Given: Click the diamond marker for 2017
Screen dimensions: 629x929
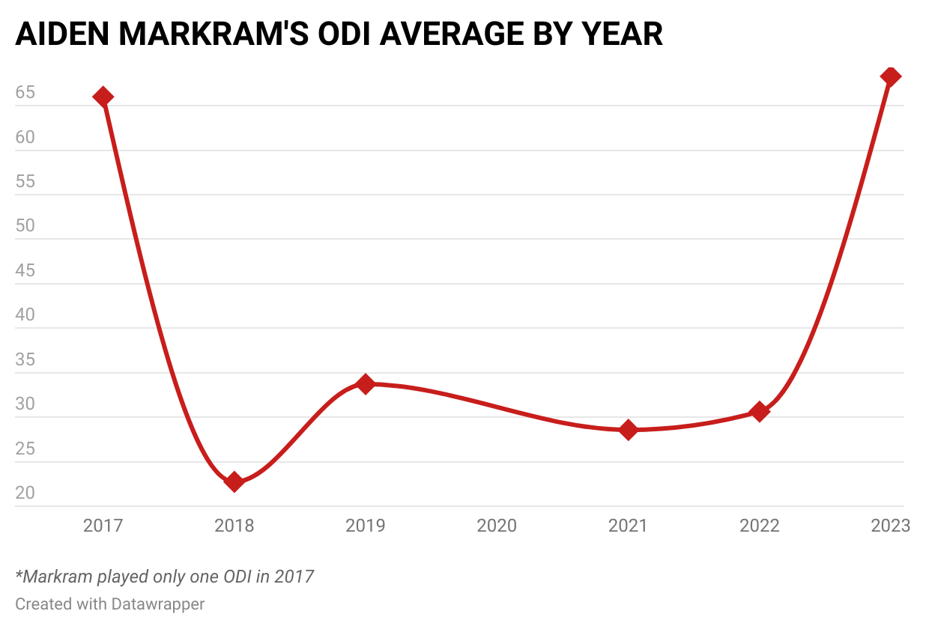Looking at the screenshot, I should point(103,97).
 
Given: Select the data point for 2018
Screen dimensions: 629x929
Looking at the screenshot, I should point(234,481).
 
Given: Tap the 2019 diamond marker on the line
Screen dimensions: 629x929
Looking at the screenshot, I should point(366,384).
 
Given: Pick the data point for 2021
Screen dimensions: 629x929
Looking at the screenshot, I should point(629,430).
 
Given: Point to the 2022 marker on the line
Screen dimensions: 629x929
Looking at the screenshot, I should point(760,411).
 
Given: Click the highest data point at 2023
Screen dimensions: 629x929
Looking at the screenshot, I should point(891,76).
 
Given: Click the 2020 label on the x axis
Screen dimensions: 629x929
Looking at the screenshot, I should point(497,526).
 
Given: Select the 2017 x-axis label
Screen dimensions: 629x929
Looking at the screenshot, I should point(103,526).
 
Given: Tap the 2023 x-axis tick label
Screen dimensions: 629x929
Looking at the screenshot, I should point(890,526).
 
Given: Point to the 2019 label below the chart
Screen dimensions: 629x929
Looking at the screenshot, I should point(366,526).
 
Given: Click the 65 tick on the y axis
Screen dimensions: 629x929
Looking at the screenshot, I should point(25,94).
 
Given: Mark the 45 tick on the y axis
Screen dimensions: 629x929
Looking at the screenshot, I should point(25,271).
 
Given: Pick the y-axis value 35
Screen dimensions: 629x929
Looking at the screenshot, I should point(25,360).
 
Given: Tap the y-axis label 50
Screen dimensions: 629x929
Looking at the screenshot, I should point(25,227).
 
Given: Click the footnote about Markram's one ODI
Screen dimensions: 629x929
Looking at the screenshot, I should point(165,577).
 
